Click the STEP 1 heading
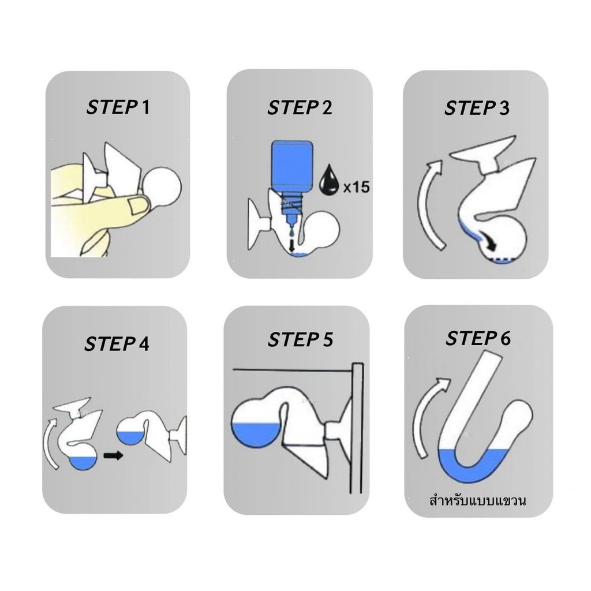(x=118, y=107)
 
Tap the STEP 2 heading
(x=300, y=107)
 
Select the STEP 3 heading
(x=477, y=108)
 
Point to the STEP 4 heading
(x=117, y=344)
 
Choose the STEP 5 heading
(x=300, y=339)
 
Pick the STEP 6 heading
(x=478, y=338)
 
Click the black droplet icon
(x=330, y=179)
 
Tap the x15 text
(x=356, y=187)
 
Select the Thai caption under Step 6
(x=477, y=500)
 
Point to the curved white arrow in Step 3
(x=430, y=204)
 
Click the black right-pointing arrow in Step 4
(x=114, y=456)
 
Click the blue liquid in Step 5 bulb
(x=257, y=434)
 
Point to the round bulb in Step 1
(x=162, y=188)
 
